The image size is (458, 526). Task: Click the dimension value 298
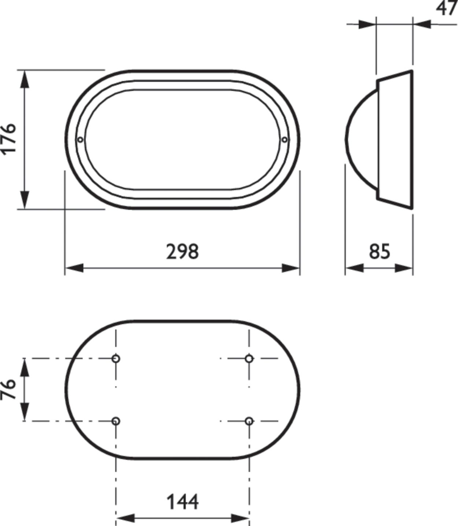182,252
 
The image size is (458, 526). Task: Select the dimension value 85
380,252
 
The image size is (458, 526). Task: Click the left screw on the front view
80,139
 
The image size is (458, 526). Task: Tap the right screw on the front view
285,139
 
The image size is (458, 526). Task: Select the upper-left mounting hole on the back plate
116,358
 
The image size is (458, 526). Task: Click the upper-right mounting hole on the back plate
249,358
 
